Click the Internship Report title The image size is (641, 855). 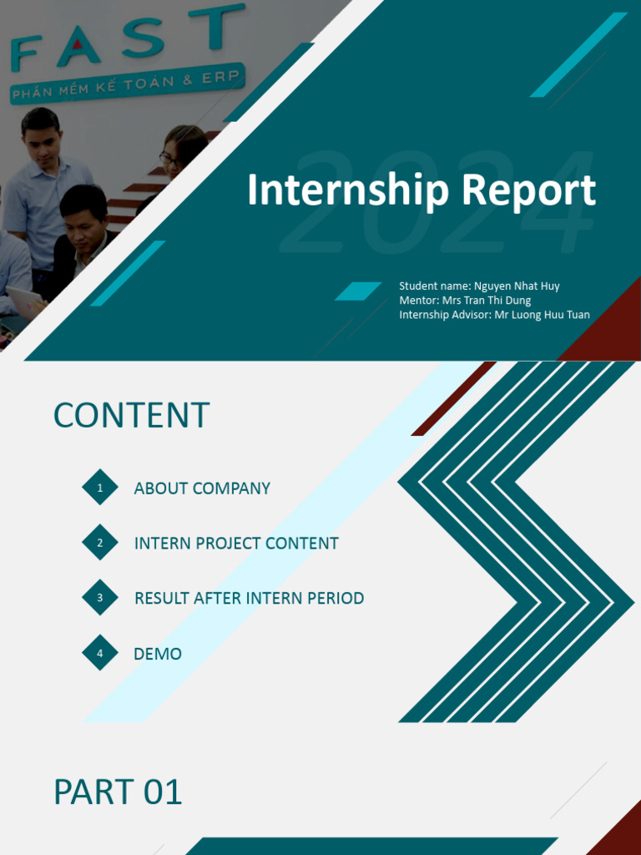[421, 190]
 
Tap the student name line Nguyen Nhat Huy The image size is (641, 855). [479, 286]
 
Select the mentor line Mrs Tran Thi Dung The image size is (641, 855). [465, 301]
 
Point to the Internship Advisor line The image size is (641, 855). [494, 315]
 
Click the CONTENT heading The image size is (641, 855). [131, 416]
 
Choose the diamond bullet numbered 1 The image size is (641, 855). [100, 488]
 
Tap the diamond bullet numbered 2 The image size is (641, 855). [100, 544]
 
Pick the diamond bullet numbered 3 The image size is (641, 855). [100, 598]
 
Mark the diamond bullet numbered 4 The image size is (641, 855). [100, 653]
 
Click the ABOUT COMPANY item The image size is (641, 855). [202, 488]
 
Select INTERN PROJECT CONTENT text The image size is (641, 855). [236, 544]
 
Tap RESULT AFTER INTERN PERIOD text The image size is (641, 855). [249, 598]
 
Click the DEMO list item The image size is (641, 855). [158, 654]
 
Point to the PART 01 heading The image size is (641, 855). [118, 792]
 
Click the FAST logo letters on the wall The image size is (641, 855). [125, 42]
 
